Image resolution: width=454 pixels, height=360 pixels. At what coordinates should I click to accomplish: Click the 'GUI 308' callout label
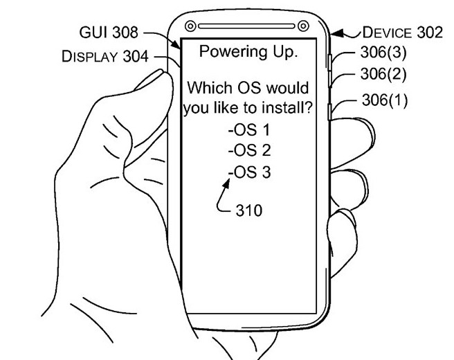pyautogui.click(x=109, y=32)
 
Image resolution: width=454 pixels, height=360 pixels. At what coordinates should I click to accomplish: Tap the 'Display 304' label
pyautogui.click(x=105, y=56)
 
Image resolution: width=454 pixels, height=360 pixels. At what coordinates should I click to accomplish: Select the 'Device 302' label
pyautogui.click(x=403, y=32)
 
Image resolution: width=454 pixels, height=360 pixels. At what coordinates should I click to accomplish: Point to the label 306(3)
pyautogui.click(x=383, y=53)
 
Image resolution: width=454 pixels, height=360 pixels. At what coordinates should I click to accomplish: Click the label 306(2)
pyautogui.click(x=383, y=75)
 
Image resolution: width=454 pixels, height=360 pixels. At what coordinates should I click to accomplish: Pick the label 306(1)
pyautogui.click(x=385, y=100)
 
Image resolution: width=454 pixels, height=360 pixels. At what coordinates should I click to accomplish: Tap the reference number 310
pyautogui.click(x=249, y=210)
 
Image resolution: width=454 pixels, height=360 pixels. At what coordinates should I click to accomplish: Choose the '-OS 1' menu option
pyautogui.click(x=249, y=129)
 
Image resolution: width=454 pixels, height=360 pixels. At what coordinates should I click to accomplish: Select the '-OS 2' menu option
pyautogui.click(x=249, y=150)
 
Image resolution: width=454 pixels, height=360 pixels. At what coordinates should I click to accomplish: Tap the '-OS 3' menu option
pyautogui.click(x=249, y=172)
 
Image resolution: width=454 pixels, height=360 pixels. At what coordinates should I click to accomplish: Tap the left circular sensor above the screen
pyautogui.click(x=190, y=26)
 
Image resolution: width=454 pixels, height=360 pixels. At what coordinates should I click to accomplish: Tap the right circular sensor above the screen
pyautogui.click(x=303, y=26)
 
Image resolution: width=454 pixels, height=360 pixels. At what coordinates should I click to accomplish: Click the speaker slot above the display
pyautogui.click(x=246, y=26)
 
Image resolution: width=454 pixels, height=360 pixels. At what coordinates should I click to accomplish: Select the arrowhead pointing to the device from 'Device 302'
pyautogui.click(x=336, y=34)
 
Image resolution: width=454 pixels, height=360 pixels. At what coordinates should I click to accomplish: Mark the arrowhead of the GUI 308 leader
pyautogui.click(x=176, y=44)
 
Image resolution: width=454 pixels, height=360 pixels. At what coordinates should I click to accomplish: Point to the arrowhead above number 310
pyautogui.click(x=226, y=183)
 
